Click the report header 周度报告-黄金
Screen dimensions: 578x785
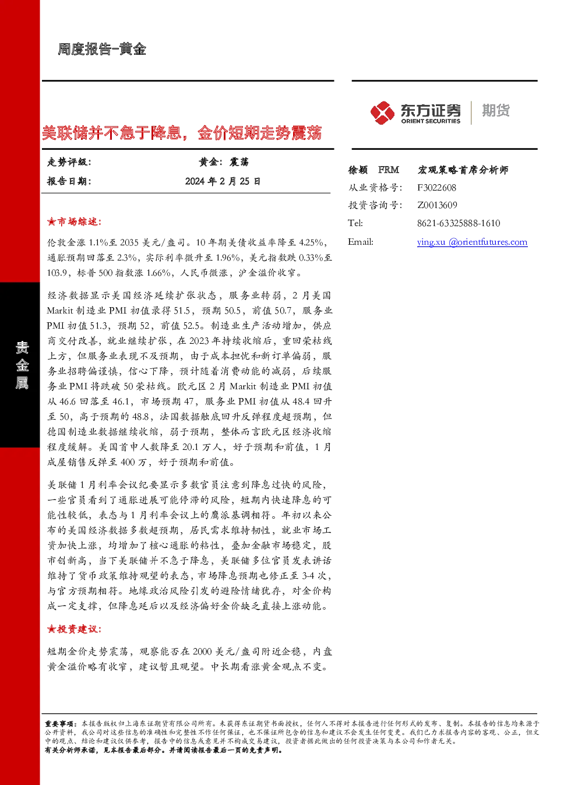[101, 49]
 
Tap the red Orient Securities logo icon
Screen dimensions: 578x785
[382, 112]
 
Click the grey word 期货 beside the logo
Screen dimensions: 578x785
[496, 110]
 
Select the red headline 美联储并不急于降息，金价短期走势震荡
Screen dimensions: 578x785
[182, 133]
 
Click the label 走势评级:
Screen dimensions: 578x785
[69, 162]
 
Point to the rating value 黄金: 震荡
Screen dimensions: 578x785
[224, 162]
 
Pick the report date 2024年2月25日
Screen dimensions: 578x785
[223, 181]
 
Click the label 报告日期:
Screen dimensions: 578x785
[69, 181]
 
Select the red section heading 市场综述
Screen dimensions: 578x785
[74, 221]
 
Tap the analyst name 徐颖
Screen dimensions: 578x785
[358, 170]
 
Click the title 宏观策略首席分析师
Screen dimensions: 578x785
[463, 170]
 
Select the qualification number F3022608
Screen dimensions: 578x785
[436, 188]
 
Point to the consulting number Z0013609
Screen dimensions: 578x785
[437, 205]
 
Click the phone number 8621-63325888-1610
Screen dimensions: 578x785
[459, 223]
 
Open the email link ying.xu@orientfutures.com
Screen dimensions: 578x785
[472, 242]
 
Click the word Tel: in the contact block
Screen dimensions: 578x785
[355, 223]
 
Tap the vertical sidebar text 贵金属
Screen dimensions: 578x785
[22, 365]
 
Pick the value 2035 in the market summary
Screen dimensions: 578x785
[129, 242]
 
